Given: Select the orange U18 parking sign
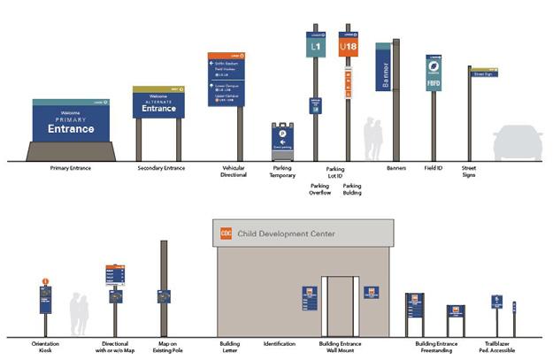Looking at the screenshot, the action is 349,43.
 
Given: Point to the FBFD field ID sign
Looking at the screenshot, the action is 434,73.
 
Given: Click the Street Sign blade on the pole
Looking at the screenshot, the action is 482,74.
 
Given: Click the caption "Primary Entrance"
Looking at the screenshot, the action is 72,167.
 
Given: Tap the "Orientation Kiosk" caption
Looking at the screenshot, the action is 44,347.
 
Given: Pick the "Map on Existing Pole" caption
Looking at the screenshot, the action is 164,347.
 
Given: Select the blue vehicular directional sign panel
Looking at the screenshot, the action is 226,80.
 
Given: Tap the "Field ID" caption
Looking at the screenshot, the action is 434,167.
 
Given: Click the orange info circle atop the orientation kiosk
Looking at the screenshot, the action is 45,283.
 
